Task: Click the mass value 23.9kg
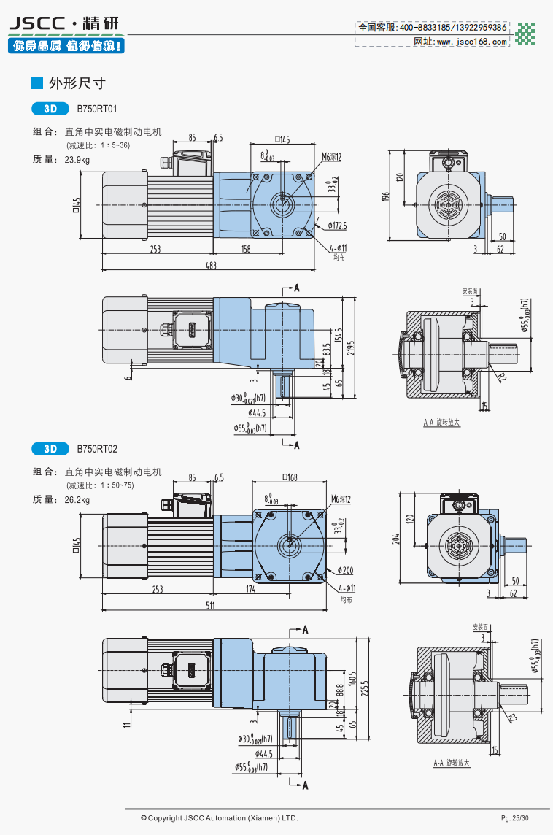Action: [77, 159]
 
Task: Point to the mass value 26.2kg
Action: [77, 500]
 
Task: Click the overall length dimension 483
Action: [211, 265]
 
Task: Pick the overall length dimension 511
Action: [211, 605]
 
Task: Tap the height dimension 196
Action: [386, 196]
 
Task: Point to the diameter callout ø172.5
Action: [337, 225]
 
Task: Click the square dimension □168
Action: [290, 478]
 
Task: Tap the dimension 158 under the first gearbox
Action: [245, 250]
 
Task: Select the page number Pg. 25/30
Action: [514, 818]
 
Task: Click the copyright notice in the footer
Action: [219, 818]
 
